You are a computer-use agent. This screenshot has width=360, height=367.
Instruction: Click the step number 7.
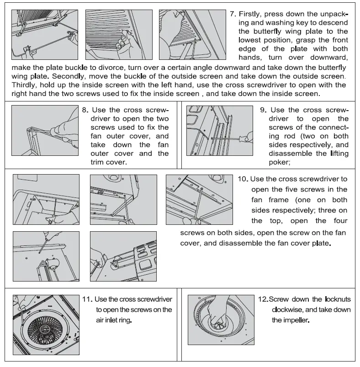tap(232, 14)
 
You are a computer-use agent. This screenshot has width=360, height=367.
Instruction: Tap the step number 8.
tap(85, 110)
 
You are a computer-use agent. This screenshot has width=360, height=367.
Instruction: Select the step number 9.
tap(263, 110)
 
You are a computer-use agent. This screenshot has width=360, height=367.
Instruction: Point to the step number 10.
tap(243, 179)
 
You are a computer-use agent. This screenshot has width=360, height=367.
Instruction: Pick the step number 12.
tap(262, 299)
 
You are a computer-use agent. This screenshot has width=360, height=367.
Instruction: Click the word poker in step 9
tap(279, 162)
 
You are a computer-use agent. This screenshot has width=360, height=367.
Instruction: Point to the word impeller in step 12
tap(295, 320)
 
